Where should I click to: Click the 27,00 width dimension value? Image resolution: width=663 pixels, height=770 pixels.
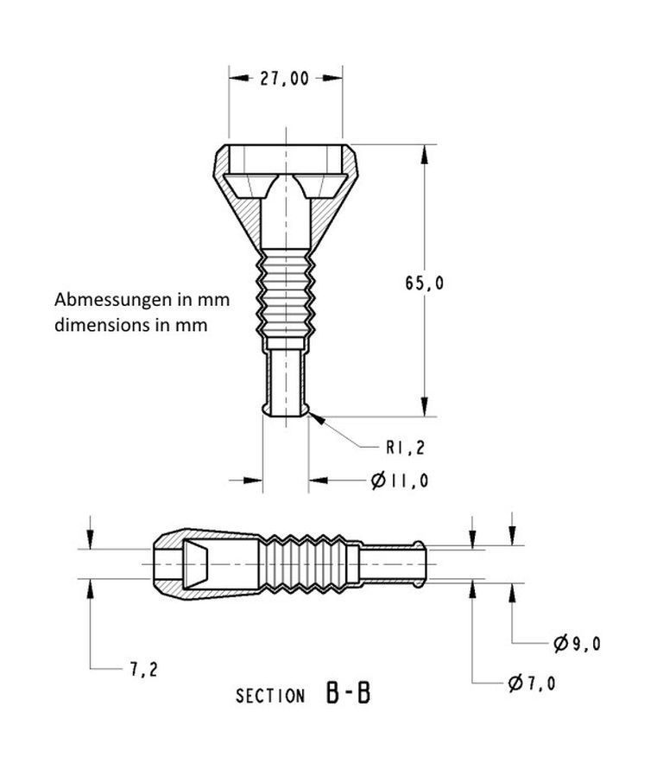tap(284, 79)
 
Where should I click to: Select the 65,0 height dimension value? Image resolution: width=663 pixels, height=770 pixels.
tap(424, 283)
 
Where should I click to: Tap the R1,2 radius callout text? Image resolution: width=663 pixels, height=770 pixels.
tap(405, 448)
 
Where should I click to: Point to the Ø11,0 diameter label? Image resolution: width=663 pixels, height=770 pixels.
tap(400, 480)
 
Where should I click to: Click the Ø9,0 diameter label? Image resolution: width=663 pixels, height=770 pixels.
tap(577, 643)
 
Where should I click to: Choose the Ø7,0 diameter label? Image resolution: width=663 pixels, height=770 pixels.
tap(532, 683)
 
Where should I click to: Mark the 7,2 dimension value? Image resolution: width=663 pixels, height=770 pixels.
tap(143, 670)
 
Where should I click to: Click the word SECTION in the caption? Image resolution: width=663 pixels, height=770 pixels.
tap(270, 696)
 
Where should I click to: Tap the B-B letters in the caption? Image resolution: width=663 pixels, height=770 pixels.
tap(348, 693)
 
